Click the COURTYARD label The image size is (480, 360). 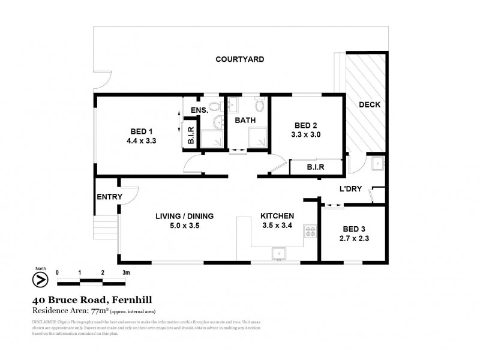(x=240, y=59)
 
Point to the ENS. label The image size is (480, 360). (x=199, y=110)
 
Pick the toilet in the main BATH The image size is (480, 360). (x=259, y=106)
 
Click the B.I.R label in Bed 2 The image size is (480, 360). (x=314, y=168)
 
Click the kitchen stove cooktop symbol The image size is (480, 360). (x=310, y=231)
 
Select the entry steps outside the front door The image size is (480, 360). (x=102, y=229)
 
